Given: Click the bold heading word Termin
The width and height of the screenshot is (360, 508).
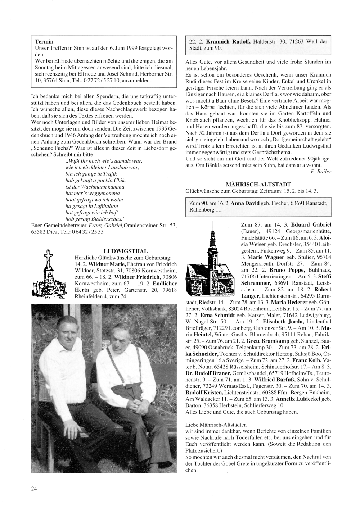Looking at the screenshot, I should coord(44,42).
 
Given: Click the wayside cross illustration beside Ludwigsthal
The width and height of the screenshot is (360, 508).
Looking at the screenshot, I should coord(51,275).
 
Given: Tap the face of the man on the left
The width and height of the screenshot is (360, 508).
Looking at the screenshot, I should coord(66,333).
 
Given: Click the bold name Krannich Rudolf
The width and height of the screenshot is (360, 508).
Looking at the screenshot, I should coord(225,41).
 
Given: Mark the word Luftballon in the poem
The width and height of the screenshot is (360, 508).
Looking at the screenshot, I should coord(102,206).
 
